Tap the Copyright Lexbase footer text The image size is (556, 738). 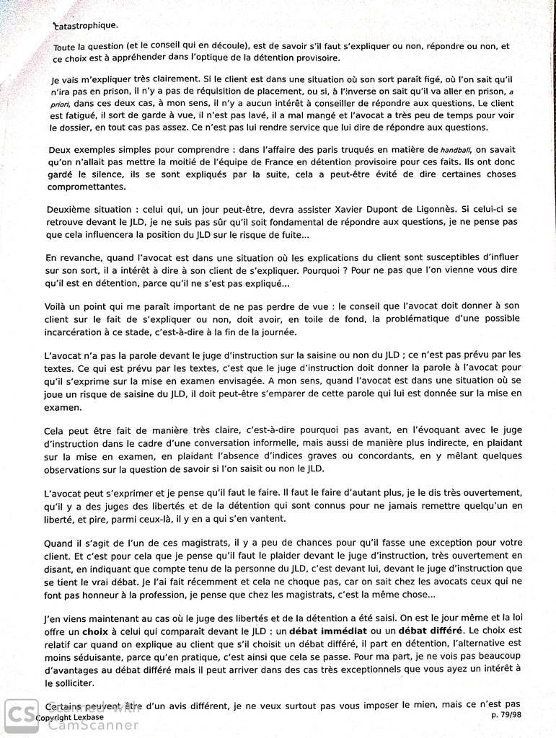tap(70, 718)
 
